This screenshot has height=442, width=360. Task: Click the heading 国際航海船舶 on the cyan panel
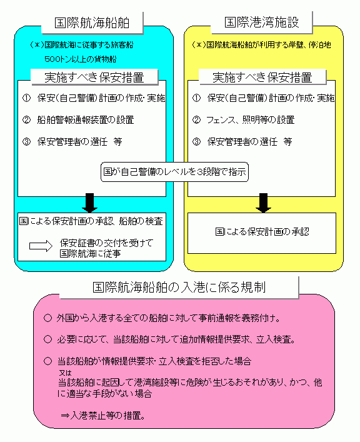click(x=92, y=23)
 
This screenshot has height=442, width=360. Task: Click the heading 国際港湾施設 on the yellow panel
click(x=262, y=23)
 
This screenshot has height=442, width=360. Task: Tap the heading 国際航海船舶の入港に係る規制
click(x=179, y=287)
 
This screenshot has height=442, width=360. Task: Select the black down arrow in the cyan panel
click(x=89, y=203)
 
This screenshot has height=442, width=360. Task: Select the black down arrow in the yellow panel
click(x=263, y=203)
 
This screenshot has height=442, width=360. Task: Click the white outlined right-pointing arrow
click(x=41, y=246)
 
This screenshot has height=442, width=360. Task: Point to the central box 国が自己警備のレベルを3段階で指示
click(x=174, y=172)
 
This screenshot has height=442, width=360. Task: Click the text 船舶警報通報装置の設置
click(x=86, y=120)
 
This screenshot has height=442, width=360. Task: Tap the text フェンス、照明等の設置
click(x=251, y=120)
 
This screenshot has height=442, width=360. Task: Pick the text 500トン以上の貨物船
click(x=81, y=59)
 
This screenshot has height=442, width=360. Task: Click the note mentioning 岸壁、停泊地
click(x=261, y=45)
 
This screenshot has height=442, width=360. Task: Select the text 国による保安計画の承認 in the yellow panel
click(x=262, y=232)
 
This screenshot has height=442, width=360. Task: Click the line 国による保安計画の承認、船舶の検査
click(x=91, y=221)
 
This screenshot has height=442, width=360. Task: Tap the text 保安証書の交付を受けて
click(x=106, y=243)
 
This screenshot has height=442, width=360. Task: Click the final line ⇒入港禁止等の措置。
click(x=103, y=416)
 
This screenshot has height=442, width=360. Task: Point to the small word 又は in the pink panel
click(x=65, y=373)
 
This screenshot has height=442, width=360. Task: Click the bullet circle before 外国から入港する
click(x=48, y=318)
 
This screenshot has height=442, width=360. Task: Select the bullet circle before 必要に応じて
click(x=48, y=339)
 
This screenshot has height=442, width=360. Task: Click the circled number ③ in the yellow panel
click(x=196, y=141)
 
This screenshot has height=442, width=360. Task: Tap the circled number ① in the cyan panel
click(x=26, y=98)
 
